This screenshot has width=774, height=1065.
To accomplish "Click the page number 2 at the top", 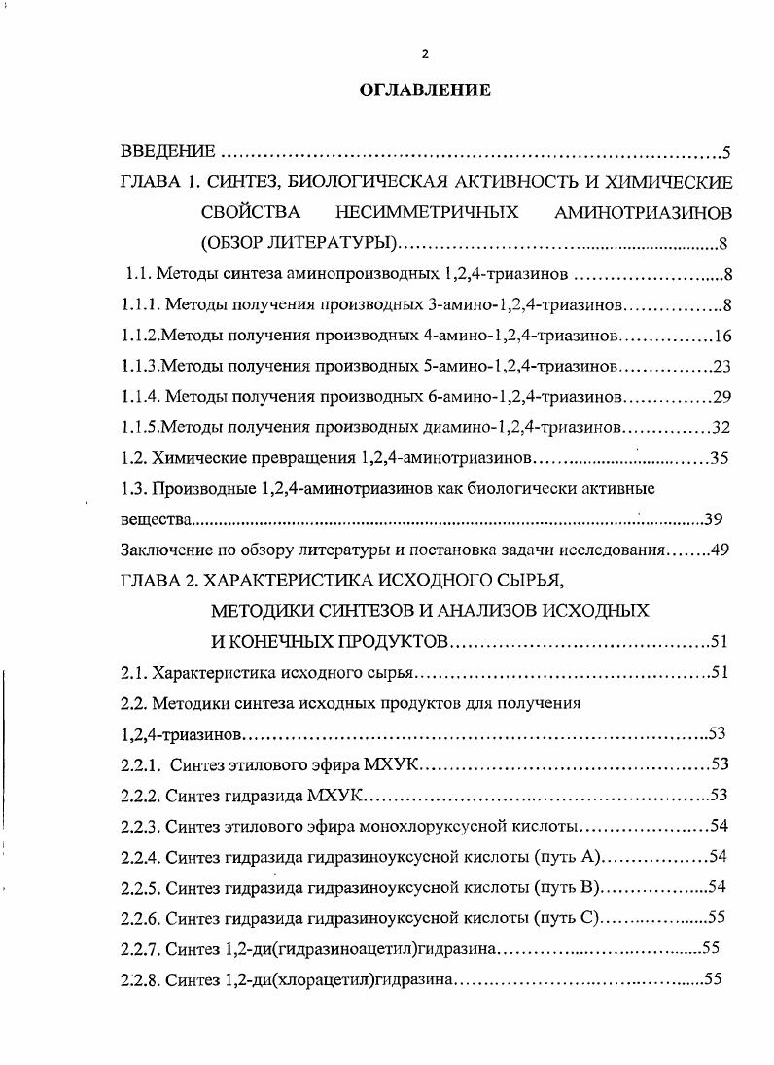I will click(425, 53).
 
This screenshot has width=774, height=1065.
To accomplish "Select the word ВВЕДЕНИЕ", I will click(166, 152).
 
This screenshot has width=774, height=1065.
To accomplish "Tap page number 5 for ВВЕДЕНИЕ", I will click(725, 152).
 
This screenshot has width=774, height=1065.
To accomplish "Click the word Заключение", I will click(163, 549).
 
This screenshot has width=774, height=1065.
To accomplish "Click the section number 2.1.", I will click(133, 672).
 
